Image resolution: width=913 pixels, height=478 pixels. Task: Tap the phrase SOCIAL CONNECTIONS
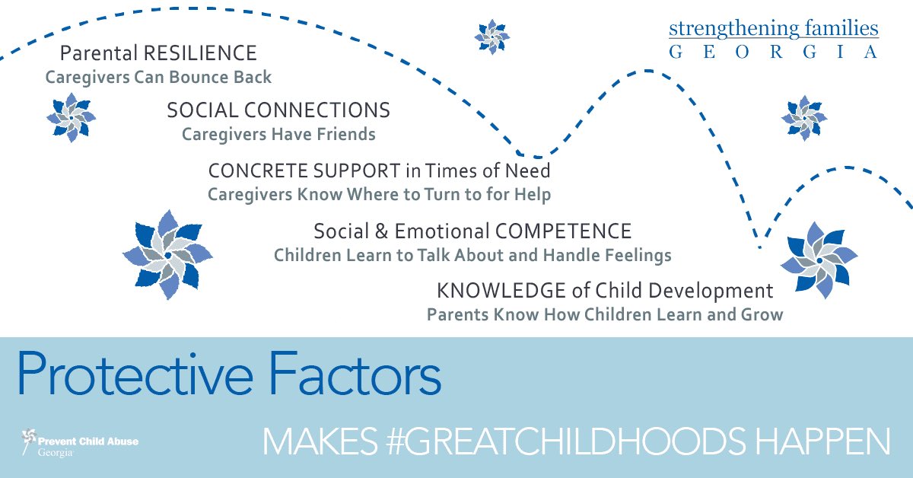point(278,110)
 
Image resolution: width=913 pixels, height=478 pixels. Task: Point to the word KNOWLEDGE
point(501,290)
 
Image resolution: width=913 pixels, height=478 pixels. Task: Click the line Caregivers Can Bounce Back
point(158,78)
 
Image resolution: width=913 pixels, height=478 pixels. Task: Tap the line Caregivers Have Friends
point(278,135)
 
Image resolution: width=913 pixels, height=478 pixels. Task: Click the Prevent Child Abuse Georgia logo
point(80,443)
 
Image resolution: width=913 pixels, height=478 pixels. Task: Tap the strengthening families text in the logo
point(773,30)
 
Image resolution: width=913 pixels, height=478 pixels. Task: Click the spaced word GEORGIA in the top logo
point(773,53)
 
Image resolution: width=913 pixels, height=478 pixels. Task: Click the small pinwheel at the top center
point(491,36)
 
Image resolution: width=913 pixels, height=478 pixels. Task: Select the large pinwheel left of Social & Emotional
point(167,254)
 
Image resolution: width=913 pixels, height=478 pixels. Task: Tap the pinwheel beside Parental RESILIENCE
point(71,117)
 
